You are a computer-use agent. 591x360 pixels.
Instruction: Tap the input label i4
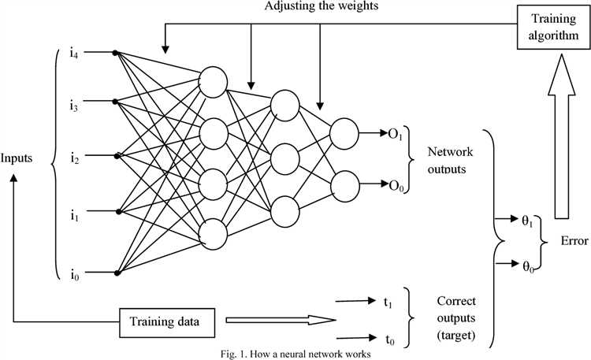[x=73, y=53]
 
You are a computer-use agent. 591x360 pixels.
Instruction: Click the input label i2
[x=73, y=155]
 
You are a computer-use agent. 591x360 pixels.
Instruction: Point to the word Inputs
[x=17, y=158]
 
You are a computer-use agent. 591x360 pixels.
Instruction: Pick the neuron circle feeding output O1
[x=343, y=132]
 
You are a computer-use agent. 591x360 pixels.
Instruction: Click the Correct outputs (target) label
[x=460, y=319]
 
